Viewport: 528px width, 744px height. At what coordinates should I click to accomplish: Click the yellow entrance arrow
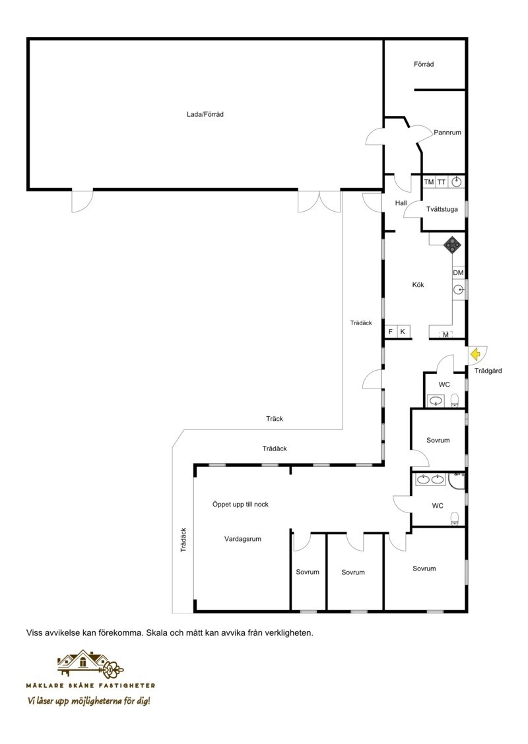[x=475, y=354]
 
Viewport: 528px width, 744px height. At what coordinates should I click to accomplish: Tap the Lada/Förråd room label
[x=205, y=114]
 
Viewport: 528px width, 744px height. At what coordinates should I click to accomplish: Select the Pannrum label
[x=447, y=133]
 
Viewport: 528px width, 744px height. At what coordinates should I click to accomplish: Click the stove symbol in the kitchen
[x=453, y=244]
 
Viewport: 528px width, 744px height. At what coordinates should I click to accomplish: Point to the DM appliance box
[x=458, y=273]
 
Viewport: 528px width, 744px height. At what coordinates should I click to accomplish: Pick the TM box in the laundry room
[x=429, y=182]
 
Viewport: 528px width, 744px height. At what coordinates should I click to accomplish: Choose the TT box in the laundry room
[x=442, y=182]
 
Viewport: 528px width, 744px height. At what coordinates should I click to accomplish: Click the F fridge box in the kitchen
[x=391, y=332]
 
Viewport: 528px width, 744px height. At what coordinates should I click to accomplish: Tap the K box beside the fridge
[x=403, y=332]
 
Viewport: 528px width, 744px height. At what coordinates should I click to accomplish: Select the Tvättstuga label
[x=442, y=209]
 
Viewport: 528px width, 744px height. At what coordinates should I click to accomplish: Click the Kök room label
[x=418, y=285]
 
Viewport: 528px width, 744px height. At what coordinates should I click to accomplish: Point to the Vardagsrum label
[x=243, y=539]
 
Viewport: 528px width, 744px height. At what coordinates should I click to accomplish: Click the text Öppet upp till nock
[x=240, y=505]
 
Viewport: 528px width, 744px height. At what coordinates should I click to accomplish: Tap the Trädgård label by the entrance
[x=488, y=371]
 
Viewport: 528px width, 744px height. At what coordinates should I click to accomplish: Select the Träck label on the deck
[x=275, y=418]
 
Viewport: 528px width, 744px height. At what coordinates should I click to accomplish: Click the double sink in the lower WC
[x=431, y=480]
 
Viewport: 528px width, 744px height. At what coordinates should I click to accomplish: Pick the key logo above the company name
[x=90, y=664]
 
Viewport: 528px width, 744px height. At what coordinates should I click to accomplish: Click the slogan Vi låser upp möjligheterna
[x=89, y=701]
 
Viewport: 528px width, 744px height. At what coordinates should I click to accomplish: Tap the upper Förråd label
[x=424, y=64]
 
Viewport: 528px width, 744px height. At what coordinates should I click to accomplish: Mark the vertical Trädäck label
[x=183, y=540]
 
